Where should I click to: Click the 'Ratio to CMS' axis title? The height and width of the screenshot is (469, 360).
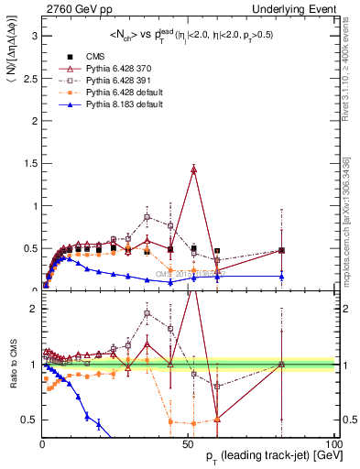pos(12,365)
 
